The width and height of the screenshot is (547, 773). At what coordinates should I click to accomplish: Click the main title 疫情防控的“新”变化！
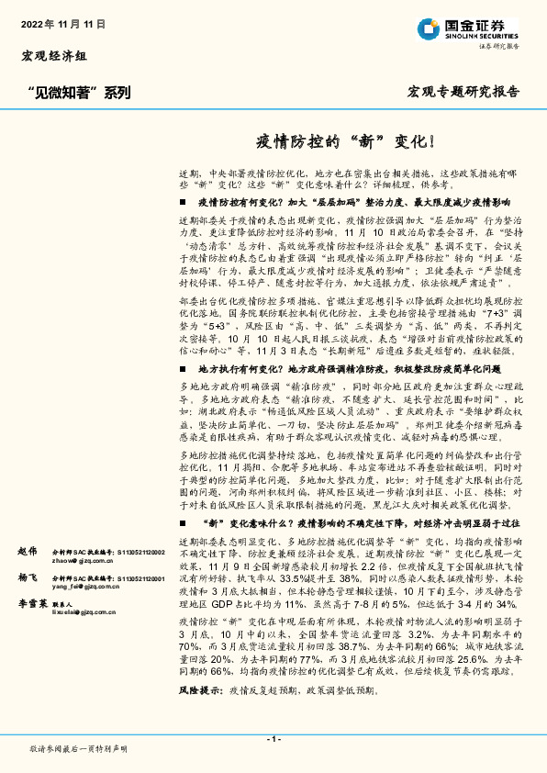click(x=344, y=142)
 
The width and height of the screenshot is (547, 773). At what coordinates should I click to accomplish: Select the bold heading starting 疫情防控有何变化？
click(x=353, y=201)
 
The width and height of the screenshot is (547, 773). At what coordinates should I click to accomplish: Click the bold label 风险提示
click(x=198, y=713)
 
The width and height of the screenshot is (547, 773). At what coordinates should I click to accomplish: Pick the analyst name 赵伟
click(x=28, y=551)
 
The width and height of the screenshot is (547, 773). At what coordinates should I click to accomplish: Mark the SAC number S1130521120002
click(x=139, y=551)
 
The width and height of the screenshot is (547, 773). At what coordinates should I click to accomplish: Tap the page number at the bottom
click(x=273, y=740)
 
